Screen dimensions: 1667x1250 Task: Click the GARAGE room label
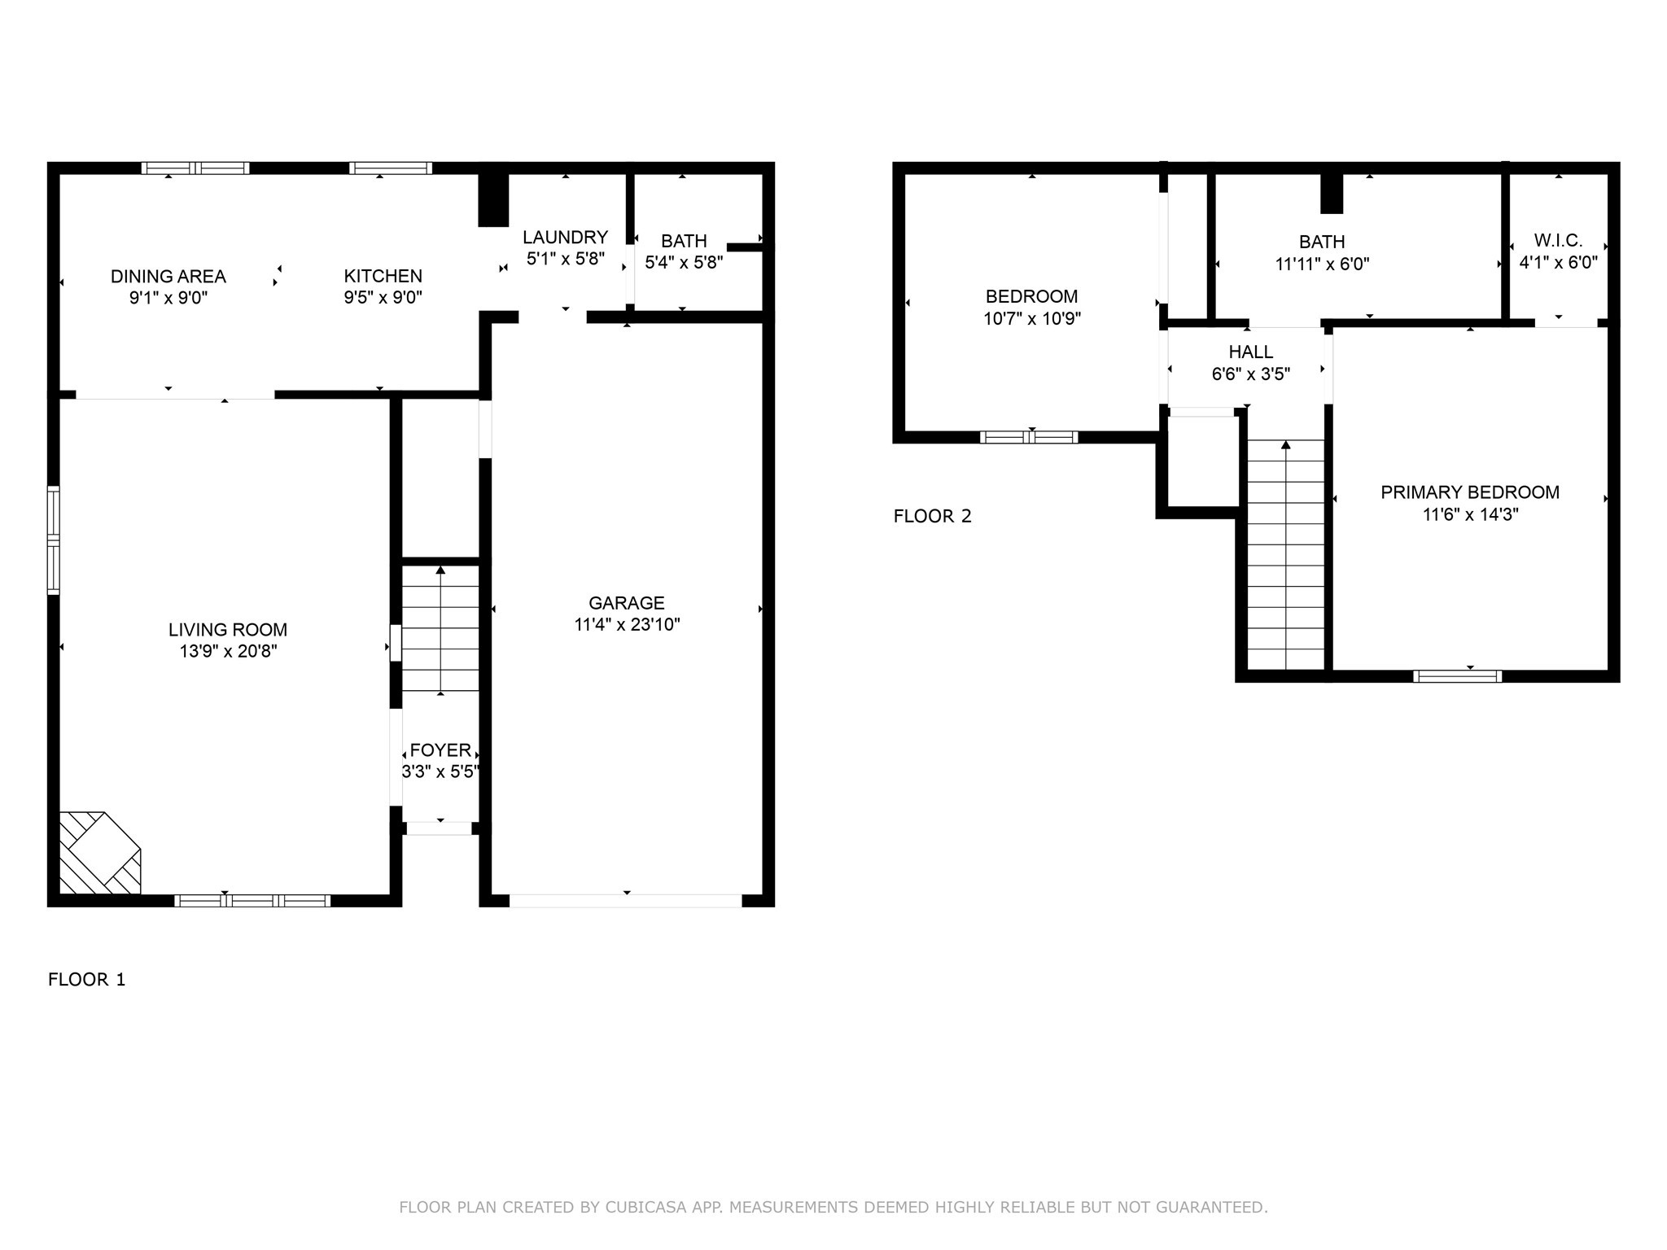click(627, 603)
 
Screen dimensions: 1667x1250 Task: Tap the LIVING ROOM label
click(228, 630)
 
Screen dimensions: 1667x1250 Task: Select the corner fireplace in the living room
click(100, 853)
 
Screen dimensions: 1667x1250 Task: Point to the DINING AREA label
click(168, 277)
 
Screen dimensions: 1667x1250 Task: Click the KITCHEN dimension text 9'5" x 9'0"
click(383, 298)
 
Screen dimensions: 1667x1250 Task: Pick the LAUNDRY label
click(565, 238)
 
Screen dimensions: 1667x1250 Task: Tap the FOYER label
click(440, 750)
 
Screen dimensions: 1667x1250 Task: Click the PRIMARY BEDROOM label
click(1470, 492)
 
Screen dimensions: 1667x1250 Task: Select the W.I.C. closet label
click(1558, 241)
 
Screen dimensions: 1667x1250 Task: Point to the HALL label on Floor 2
click(1251, 352)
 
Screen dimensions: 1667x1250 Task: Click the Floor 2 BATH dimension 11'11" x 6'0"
click(1322, 264)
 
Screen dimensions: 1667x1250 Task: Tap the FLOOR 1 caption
click(87, 980)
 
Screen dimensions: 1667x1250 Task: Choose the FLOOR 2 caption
click(933, 517)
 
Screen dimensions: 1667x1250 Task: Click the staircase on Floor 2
click(1286, 555)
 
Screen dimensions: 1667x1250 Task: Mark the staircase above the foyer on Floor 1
click(440, 629)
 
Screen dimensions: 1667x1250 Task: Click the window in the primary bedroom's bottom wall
click(1458, 676)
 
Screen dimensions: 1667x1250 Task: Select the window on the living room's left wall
click(54, 540)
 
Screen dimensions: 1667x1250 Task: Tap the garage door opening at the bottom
click(626, 901)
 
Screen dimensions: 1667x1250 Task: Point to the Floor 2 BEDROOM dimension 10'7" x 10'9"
click(1032, 319)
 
